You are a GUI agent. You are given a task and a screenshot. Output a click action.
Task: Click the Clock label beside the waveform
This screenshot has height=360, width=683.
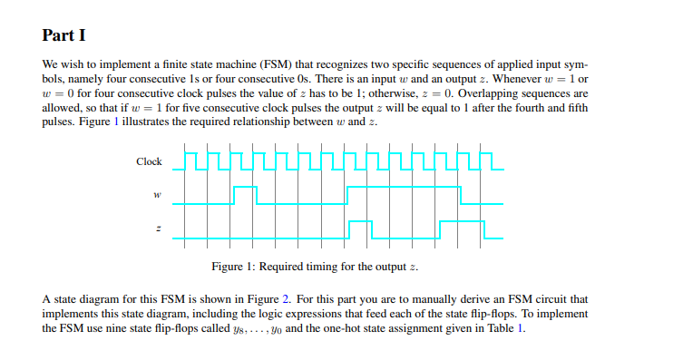149,162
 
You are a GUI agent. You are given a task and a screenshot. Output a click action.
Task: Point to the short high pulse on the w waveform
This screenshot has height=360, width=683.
245,188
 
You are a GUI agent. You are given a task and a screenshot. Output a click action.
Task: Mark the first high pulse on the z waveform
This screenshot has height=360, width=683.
360,222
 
